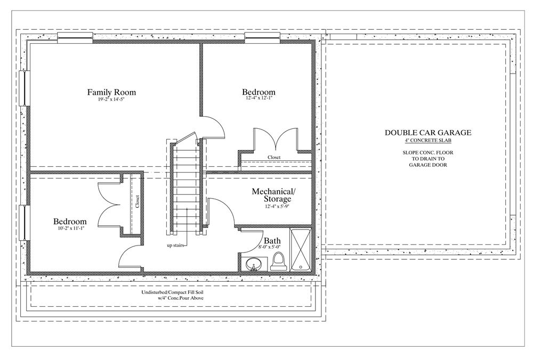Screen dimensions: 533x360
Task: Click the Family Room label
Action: [111, 92]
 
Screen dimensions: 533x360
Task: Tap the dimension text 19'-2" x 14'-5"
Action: [111, 100]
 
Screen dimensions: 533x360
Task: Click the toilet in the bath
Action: [278, 261]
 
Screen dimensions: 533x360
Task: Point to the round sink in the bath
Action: [254, 264]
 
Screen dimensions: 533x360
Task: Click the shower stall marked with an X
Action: [300, 250]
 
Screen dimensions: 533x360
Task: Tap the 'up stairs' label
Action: [175, 245]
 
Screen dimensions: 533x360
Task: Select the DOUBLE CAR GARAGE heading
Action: [428, 133]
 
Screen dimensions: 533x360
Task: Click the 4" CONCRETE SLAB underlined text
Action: [428, 140]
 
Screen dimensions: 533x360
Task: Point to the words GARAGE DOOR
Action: [428, 165]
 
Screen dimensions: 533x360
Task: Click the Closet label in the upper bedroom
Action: [274, 157]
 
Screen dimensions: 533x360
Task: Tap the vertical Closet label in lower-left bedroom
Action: [138, 201]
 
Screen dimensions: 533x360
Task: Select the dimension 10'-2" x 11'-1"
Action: [70, 228]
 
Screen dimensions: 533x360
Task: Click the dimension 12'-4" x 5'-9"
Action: [277, 206]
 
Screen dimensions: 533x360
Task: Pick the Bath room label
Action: [272, 241]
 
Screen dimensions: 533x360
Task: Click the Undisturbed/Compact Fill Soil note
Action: [173, 292]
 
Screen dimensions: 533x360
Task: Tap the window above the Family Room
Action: [75, 37]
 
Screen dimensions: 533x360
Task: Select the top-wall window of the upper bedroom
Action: [262, 37]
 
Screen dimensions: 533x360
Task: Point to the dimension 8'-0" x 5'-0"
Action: [269, 247]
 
